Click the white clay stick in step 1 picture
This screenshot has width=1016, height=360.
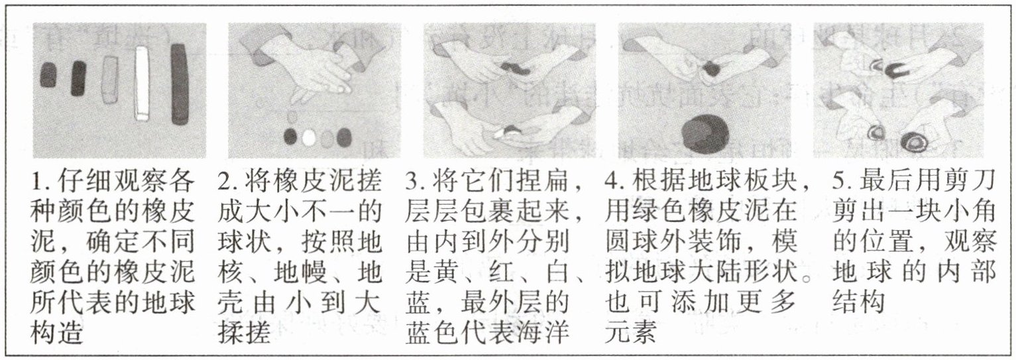[142, 84]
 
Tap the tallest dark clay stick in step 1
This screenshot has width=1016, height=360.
[180, 84]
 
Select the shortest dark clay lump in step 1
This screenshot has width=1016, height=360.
[49, 75]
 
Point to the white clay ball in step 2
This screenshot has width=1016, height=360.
[309, 137]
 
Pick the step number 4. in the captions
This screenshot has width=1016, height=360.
[616, 182]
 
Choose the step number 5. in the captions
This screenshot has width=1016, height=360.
[844, 182]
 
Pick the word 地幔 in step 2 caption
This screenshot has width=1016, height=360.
[300, 272]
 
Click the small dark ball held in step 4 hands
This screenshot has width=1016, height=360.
[710, 70]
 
